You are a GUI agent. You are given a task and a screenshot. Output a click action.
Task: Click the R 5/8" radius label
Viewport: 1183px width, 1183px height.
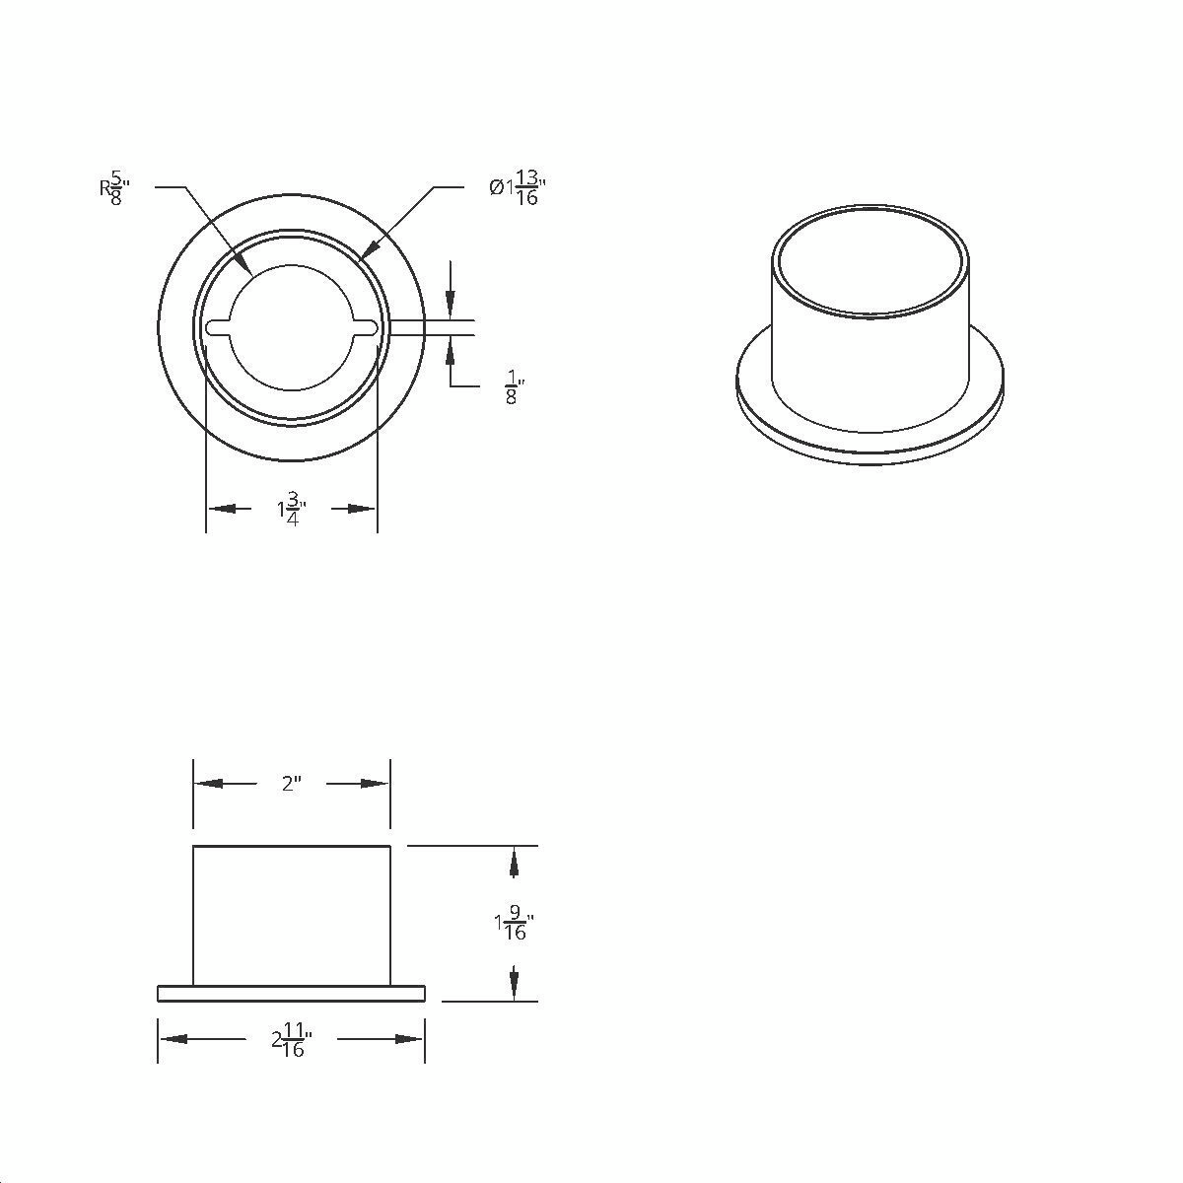click(114, 188)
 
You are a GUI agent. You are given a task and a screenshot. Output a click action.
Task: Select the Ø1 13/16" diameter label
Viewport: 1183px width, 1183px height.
click(518, 187)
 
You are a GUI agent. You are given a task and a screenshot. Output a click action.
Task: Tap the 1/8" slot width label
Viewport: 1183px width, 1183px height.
click(515, 386)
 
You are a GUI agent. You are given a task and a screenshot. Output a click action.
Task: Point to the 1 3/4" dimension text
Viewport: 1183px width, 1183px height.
click(292, 509)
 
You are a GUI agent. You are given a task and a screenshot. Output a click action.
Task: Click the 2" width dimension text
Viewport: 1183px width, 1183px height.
click(292, 784)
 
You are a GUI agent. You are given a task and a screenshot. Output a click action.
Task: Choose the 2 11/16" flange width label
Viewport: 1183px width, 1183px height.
click(292, 1040)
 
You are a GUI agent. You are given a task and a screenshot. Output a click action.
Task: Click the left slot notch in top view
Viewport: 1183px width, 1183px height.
click(219, 327)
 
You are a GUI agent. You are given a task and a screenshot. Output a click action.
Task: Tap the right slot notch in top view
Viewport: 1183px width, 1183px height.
click(366, 327)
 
